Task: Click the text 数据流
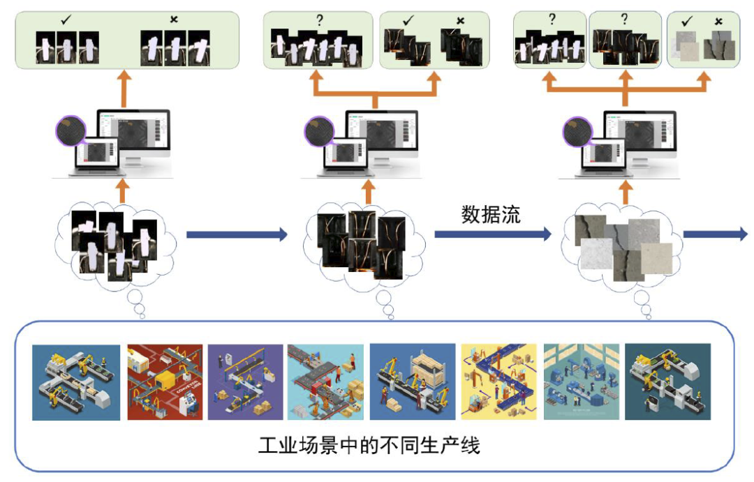(490, 215)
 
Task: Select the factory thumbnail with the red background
(165, 382)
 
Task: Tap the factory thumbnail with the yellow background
(498, 382)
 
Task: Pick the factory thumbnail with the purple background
(245, 382)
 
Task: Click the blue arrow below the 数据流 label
(493, 235)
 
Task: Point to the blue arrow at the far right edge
(715, 235)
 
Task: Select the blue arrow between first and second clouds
(237, 235)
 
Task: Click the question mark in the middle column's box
(320, 20)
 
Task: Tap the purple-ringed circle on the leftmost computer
(71, 131)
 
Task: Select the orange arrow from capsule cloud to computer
(122, 190)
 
